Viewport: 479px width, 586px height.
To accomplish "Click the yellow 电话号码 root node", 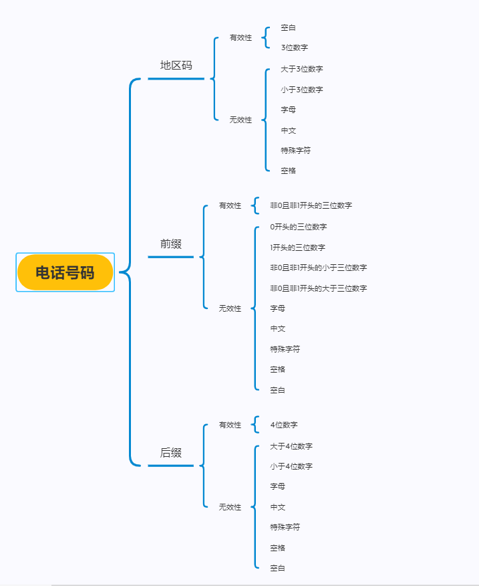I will [65, 272].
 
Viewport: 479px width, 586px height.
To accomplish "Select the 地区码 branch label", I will [176, 66].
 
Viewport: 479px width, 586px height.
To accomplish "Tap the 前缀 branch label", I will [170, 244].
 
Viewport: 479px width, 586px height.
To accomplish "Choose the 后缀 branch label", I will [170, 453].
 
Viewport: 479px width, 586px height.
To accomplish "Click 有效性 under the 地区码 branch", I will [241, 37].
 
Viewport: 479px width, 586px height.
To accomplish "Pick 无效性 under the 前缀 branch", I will [230, 308].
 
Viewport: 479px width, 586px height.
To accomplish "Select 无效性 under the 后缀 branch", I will [230, 507].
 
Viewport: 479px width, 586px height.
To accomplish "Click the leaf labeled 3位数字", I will [294, 47].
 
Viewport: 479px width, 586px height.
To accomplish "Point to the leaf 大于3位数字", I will [302, 69].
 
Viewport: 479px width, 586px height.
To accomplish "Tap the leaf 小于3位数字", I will [302, 90].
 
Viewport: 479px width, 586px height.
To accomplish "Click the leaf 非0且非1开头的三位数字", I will [311, 205].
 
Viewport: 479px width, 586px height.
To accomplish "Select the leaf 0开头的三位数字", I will [298, 227].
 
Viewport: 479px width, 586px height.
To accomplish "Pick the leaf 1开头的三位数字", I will [297, 248].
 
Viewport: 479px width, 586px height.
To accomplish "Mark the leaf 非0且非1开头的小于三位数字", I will [318, 268].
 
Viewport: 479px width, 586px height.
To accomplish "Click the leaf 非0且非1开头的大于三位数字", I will [318, 288].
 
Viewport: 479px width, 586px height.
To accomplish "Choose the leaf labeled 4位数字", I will [284, 425].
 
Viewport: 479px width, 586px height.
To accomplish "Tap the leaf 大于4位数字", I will [291, 446].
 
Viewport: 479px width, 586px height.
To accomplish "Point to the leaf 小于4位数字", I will [291, 466].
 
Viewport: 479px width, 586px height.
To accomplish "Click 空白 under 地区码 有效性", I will [288, 27].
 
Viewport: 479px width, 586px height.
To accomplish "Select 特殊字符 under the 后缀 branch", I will [285, 527].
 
